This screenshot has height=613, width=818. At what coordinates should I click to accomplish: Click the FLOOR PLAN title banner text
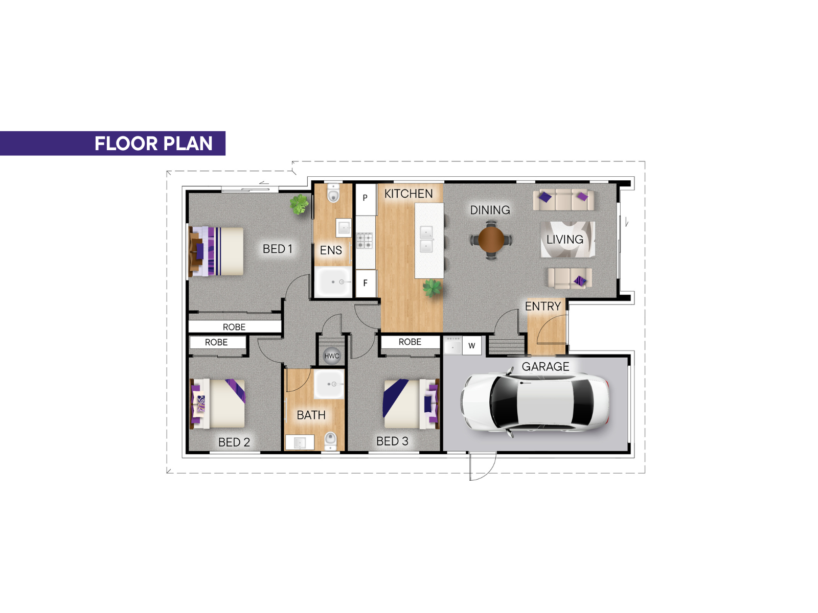pos(153,144)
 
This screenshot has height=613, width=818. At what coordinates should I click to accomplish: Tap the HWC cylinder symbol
pos(331,356)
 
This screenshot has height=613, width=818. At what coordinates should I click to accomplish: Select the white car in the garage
pos(535,403)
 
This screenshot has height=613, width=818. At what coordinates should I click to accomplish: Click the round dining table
pos(491,239)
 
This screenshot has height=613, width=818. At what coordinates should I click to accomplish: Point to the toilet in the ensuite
pos(333,193)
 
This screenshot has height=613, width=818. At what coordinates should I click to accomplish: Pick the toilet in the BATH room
pos(330,441)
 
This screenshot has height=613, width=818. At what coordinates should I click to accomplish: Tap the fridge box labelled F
pos(365,283)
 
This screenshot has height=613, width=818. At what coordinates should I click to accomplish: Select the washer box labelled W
pos(472,345)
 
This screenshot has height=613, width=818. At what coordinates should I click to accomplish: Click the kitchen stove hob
pos(365,241)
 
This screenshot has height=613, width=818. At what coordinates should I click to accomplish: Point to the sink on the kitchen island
pos(426,239)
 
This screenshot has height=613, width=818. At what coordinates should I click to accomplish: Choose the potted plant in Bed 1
pos(299,204)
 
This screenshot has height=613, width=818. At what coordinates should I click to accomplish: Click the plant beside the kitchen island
pos(432,288)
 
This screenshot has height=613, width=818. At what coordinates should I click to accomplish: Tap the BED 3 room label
pos(392,441)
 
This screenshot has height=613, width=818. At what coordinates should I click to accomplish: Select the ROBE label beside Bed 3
pos(410,342)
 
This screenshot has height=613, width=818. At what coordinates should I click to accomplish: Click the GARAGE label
pos(545,367)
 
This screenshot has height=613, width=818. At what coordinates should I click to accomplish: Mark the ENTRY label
pos(542,306)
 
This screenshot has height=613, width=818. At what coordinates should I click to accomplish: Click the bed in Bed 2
pos(218,404)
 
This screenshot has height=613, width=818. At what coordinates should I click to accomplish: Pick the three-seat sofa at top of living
pos(563,200)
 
